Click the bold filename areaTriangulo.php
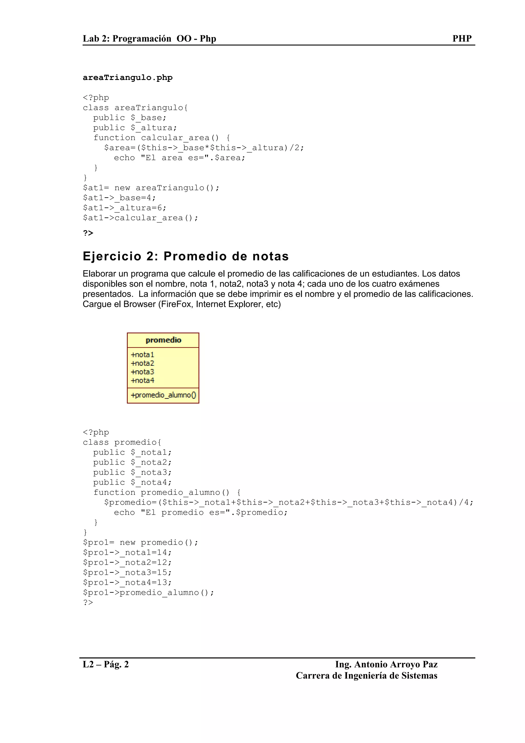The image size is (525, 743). point(127,78)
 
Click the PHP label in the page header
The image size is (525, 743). point(462,38)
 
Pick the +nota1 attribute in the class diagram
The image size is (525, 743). point(142,355)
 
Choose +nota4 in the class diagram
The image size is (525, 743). point(142,380)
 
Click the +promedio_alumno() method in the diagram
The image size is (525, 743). point(163,395)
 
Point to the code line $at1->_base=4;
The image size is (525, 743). point(119,198)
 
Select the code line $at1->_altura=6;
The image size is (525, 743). point(125,208)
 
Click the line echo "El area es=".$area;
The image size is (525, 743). point(179,158)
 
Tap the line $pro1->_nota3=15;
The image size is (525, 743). point(127,573)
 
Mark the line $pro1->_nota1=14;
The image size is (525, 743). point(127,553)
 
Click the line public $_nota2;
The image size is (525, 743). point(132,463)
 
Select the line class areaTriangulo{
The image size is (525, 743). point(135,108)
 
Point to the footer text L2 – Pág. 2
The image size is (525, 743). point(106,664)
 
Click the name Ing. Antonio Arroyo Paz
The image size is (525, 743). point(386,664)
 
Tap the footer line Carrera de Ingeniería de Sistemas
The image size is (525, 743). point(367,676)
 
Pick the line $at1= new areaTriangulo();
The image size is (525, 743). point(151,188)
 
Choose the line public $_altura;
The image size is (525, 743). point(135,128)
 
